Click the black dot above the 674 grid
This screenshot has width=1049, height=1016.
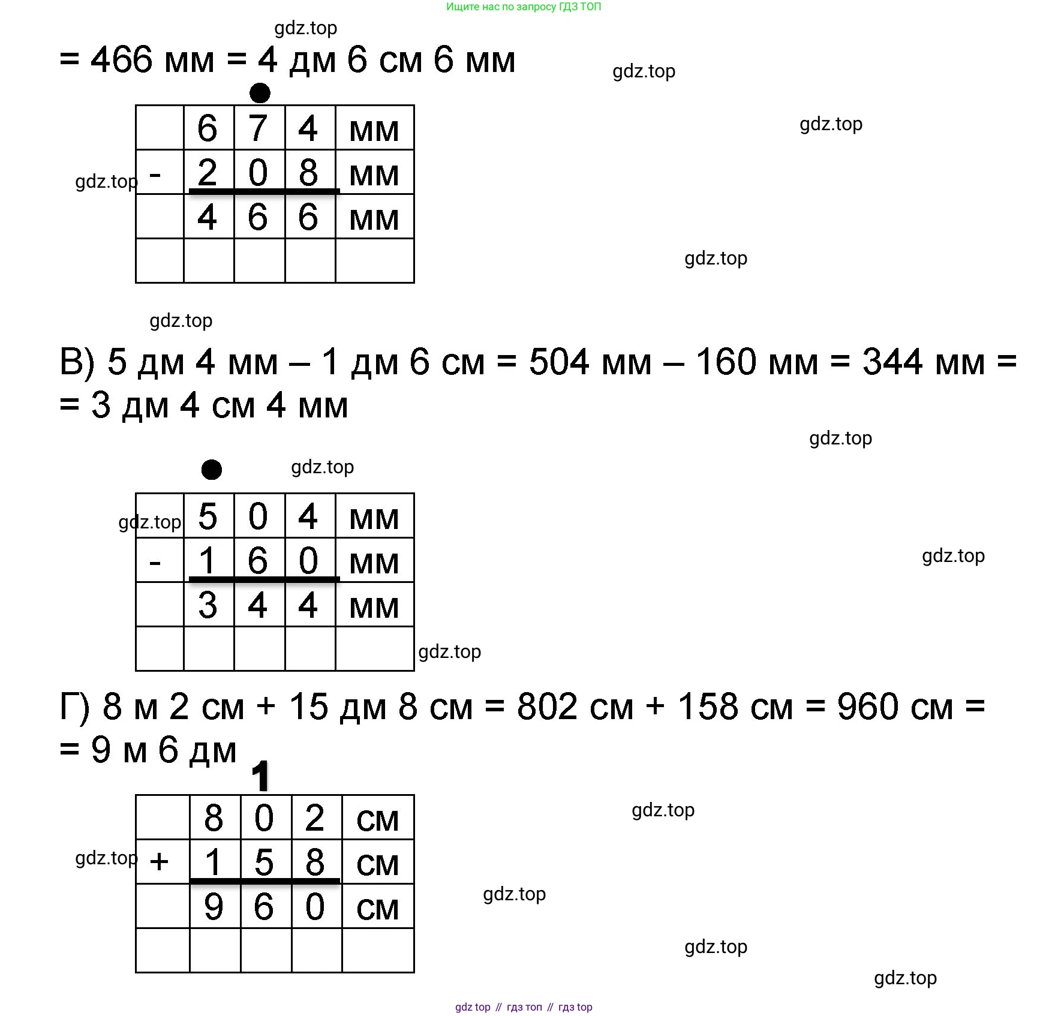260,93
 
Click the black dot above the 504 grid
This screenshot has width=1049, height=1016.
211,469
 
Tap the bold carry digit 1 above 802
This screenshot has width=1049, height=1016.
260,776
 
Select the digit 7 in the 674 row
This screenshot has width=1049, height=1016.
258,128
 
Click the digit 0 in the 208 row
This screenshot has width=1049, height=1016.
258,173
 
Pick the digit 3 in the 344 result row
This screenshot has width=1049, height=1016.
208,605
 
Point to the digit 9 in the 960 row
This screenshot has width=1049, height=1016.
214,907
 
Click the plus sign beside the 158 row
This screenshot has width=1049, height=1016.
159,862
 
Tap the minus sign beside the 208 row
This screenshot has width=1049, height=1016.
155,175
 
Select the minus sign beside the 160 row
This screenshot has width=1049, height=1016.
155,563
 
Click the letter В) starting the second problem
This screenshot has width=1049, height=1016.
77,363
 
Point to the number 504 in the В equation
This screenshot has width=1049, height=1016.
559,362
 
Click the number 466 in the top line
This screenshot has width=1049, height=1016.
121,60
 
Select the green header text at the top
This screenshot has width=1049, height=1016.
524,7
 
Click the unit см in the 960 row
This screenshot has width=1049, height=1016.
377,909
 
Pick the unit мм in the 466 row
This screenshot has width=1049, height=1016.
374,220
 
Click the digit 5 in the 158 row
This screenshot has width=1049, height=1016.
264,862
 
